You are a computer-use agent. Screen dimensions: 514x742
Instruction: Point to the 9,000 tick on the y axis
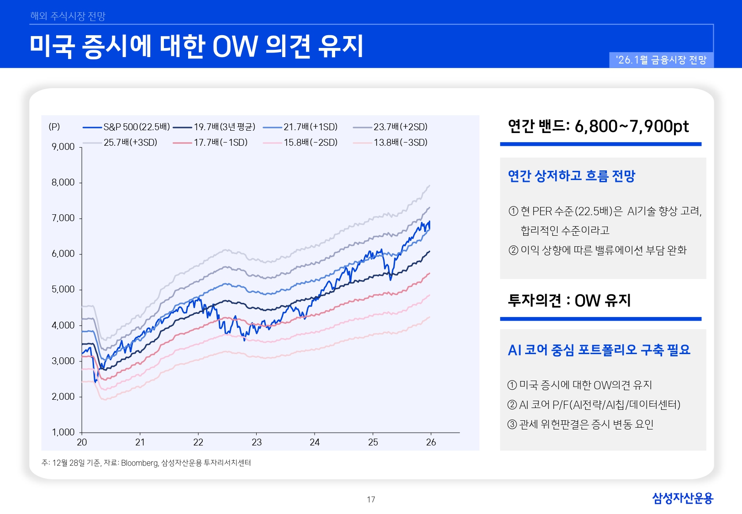[63, 147]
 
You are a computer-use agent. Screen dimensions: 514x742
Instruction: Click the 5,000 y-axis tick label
[63, 289]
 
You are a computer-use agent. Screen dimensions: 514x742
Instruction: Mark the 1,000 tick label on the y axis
[63, 432]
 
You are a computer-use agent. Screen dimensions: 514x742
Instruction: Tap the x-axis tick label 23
[257, 442]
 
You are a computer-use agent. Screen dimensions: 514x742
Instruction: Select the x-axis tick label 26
[431, 442]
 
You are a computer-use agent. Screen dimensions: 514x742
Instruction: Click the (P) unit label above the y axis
[54, 127]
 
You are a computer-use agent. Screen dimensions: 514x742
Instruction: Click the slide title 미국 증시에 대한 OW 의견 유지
[196, 46]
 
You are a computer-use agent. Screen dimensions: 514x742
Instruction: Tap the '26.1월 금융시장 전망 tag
[661, 60]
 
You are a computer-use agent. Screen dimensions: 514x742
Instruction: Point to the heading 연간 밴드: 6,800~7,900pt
[598, 127]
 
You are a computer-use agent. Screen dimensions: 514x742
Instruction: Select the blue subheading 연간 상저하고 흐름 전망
[571, 176]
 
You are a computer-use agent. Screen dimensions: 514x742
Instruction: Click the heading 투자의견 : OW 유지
[569, 301]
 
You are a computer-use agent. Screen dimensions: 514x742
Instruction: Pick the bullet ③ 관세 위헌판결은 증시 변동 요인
[580, 424]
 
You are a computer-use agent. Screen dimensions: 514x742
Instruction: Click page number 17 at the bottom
[371, 499]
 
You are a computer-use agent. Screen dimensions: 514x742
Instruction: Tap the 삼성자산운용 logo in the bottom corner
[682, 498]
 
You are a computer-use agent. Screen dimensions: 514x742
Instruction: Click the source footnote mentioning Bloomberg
[146, 463]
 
